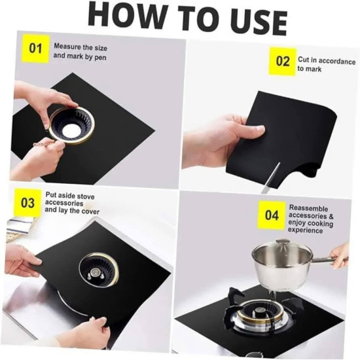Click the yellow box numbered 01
35,48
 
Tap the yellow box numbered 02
283,62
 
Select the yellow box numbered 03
27,203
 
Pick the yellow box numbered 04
272,215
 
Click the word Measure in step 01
67,46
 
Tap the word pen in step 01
100,57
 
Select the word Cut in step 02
303,60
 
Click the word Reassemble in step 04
308,208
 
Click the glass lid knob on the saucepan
282,243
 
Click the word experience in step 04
306,230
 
